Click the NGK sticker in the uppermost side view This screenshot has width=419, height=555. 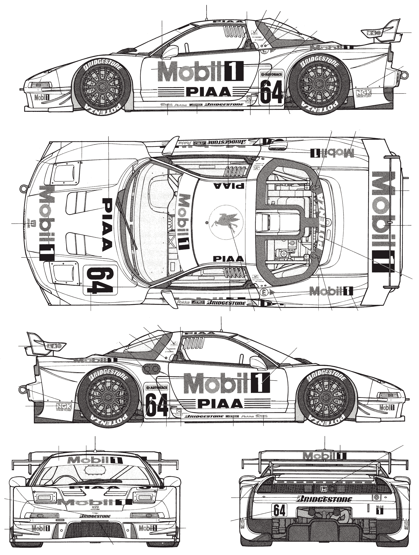click(363, 93)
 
